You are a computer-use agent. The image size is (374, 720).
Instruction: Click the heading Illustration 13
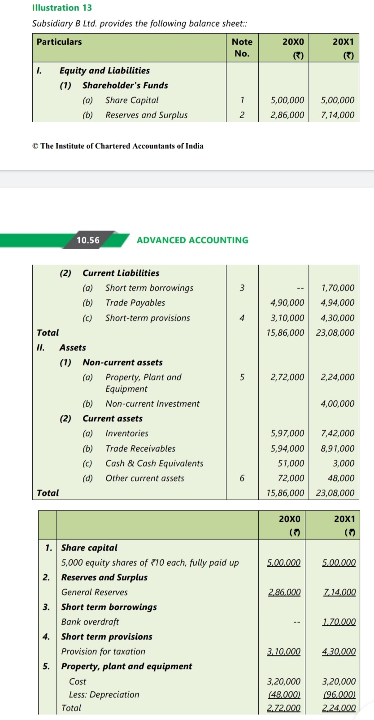[x=62, y=8]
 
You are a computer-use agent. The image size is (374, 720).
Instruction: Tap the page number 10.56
[x=88, y=240]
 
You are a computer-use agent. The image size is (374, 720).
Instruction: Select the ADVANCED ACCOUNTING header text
[x=192, y=240]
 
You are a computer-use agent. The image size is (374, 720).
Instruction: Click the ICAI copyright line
[x=117, y=146]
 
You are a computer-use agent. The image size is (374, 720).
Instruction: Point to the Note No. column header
[x=242, y=48]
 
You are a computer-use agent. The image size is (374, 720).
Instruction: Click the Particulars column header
[x=59, y=42]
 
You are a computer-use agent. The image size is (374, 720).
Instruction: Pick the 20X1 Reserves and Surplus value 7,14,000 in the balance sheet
[x=338, y=115]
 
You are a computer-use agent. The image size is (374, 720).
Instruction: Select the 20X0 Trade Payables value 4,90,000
[x=287, y=303]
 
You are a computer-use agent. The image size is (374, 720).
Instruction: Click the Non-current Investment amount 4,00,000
[x=338, y=404]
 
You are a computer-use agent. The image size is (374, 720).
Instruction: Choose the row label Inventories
[x=127, y=433]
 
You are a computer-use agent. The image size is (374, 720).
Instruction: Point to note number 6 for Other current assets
[x=242, y=478]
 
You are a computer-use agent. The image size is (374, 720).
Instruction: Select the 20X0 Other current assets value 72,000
[x=291, y=478]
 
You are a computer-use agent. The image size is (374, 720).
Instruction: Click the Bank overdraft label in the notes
[x=90, y=622]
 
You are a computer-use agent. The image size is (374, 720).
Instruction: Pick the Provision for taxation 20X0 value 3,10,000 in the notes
[x=284, y=651]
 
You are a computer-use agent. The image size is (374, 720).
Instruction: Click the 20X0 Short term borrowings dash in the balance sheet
[x=300, y=288]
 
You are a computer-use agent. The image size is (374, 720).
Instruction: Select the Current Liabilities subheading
[x=121, y=273]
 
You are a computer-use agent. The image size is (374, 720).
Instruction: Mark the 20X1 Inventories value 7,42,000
[x=338, y=433]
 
